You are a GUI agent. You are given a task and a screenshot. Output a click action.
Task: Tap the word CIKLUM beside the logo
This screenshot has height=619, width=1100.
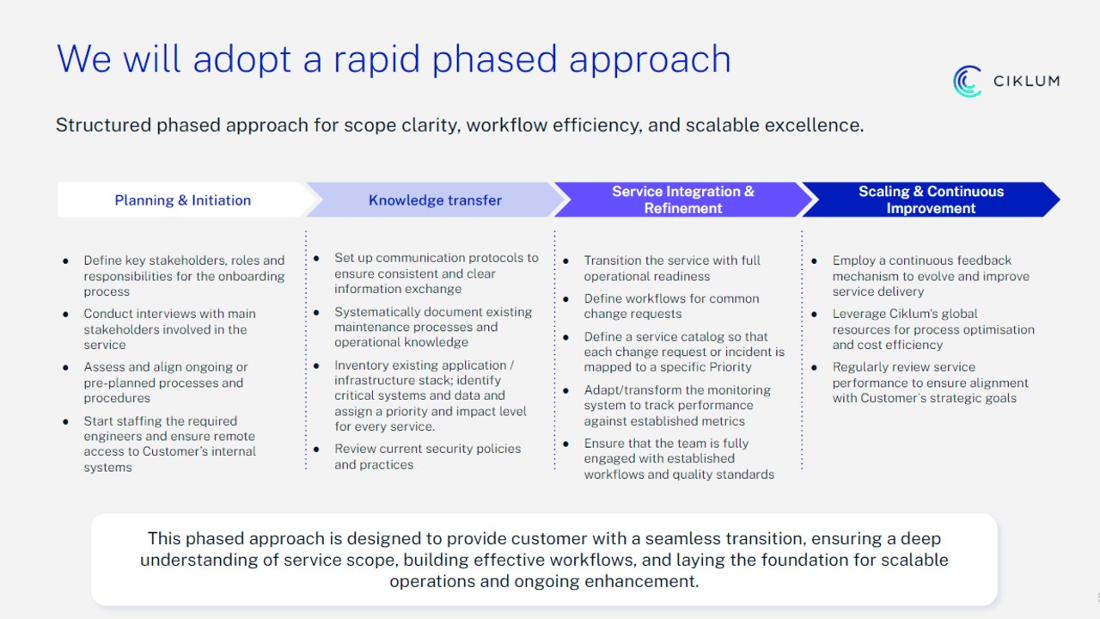1026,81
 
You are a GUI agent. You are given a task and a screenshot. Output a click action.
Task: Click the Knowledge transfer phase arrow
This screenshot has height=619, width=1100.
436,200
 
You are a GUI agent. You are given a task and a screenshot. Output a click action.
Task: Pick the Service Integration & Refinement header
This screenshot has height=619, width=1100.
683,200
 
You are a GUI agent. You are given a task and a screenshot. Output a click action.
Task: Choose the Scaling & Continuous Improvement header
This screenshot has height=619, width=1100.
931,200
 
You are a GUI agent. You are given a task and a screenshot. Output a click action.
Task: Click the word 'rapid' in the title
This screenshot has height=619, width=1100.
376,60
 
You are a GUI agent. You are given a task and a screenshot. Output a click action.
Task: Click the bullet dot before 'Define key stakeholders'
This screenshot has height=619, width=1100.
65,260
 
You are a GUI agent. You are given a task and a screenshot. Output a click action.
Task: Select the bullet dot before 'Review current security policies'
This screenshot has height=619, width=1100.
317,449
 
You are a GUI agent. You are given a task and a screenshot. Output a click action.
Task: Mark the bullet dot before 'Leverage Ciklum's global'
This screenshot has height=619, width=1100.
814,314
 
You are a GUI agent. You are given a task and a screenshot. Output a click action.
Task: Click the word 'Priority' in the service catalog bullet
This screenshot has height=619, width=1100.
730,367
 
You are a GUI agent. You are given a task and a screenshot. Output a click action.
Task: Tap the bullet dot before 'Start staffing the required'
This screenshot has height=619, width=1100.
65,421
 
